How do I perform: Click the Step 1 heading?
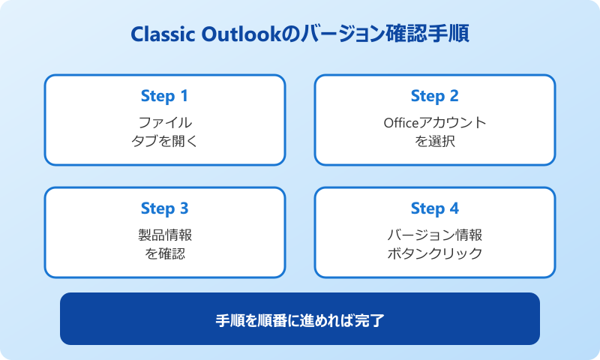coord(164,96)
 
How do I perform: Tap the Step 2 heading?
coord(434,96)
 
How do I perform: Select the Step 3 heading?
coord(164,208)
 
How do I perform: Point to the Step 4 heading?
coord(434,208)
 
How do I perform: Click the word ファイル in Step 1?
coord(164,122)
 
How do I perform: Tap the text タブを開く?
coord(164,140)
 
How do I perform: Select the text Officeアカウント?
coord(434,122)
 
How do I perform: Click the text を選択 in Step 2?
coord(434,140)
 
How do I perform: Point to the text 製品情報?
coord(164,235)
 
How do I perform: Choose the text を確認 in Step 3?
coord(164,253)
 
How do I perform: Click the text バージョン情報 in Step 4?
coord(434,235)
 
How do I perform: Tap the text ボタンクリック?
coord(434,253)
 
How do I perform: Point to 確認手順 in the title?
coord(427,34)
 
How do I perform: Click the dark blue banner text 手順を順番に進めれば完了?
coord(300,319)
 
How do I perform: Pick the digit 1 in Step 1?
coord(184,96)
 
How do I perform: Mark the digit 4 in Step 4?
coord(454,208)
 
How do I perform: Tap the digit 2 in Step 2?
coord(454,96)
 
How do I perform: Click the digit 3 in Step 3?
coord(184,208)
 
